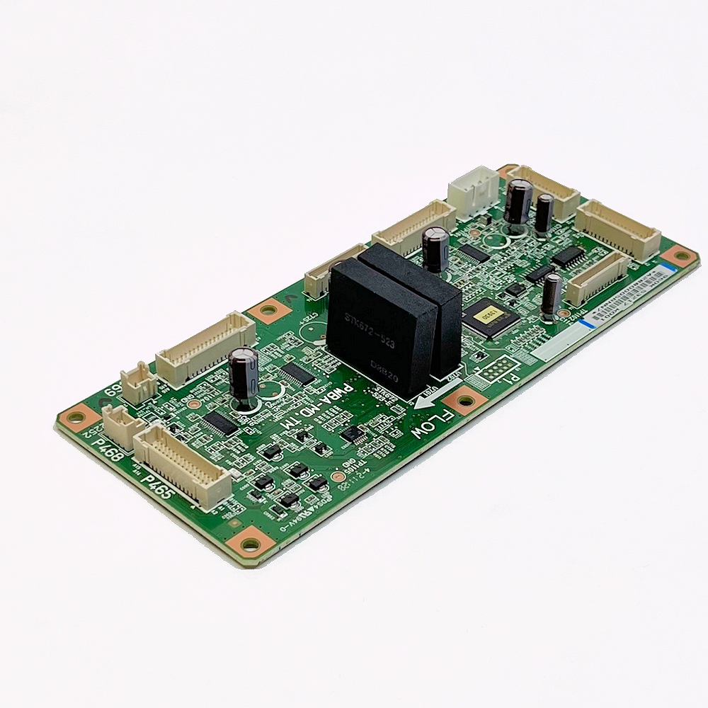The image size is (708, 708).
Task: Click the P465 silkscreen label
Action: [x=158, y=487]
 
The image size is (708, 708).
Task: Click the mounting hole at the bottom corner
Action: [x=249, y=544]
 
